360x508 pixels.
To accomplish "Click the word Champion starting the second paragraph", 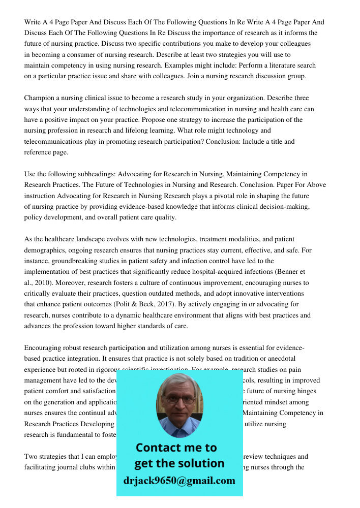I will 40,98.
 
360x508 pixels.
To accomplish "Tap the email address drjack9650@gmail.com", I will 179,481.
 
